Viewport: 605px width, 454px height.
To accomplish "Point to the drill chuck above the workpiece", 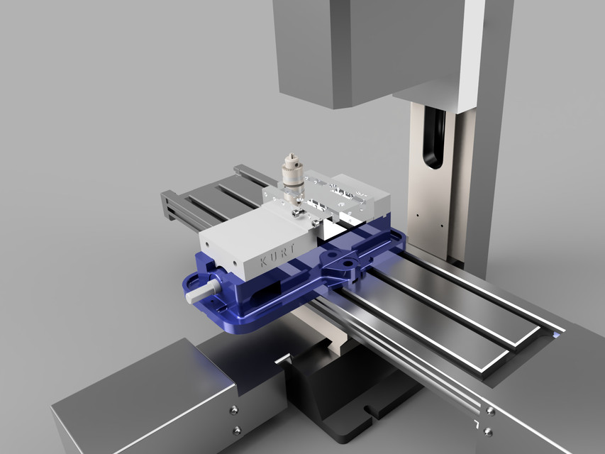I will (290, 170).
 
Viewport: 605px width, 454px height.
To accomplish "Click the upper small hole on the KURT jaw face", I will (231, 265).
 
